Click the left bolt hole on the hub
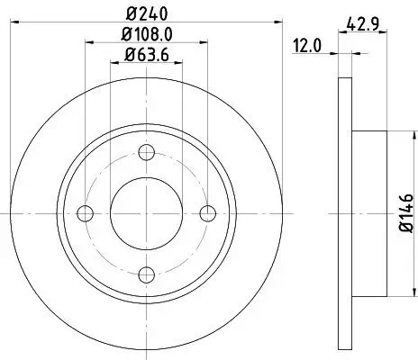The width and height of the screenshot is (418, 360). (x=86, y=212)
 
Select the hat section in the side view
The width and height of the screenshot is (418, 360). (x=369, y=212)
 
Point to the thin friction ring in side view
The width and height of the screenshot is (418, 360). (x=344, y=212)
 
